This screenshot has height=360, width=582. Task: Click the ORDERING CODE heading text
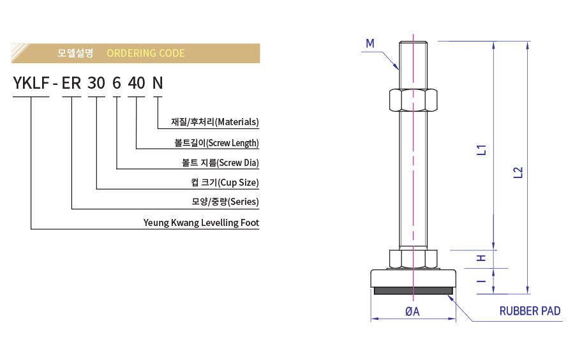pyautogui.click(x=145, y=53)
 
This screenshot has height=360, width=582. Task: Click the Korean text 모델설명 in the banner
pyautogui.click(x=75, y=53)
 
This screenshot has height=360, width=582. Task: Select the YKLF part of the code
pyautogui.click(x=31, y=83)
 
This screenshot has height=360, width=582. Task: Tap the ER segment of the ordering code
pyautogui.click(x=71, y=83)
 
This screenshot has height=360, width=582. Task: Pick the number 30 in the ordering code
pyautogui.click(x=96, y=83)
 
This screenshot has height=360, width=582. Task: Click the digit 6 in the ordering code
pyautogui.click(x=116, y=83)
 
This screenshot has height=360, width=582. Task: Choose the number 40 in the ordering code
pyautogui.click(x=137, y=83)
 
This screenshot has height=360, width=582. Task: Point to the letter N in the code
pyautogui.click(x=157, y=83)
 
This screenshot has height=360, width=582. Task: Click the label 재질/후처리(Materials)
pyautogui.click(x=215, y=121)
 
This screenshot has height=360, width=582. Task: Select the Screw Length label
pyautogui.click(x=216, y=142)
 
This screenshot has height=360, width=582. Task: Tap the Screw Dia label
pyautogui.click(x=220, y=163)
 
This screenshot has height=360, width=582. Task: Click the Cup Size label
pyautogui.click(x=225, y=183)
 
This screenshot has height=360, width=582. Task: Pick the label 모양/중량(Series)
pyautogui.click(x=225, y=202)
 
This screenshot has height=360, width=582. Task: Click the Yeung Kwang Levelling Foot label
pyautogui.click(x=201, y=223)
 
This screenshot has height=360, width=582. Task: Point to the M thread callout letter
pyautogui.click(x=370, y=43)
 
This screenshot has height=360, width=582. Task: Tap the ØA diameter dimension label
pyautogui.click(x=412, y=311)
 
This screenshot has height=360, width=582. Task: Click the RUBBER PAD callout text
pyautogui.click(x=530, y=311)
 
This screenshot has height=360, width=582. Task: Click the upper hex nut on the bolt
pyautogui.click(x=412, y=100)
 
